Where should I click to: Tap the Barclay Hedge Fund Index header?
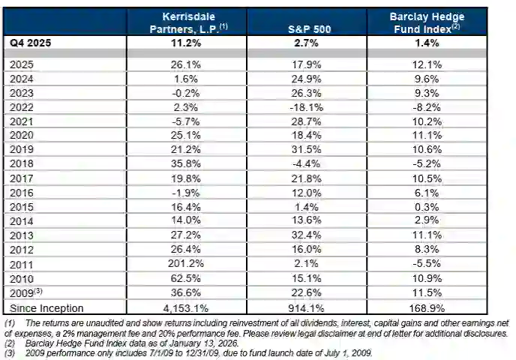pos(425,22)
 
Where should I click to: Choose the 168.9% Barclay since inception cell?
pos(425,308)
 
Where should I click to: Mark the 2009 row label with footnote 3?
pos(27,293)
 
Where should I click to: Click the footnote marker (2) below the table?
pos(10,342)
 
